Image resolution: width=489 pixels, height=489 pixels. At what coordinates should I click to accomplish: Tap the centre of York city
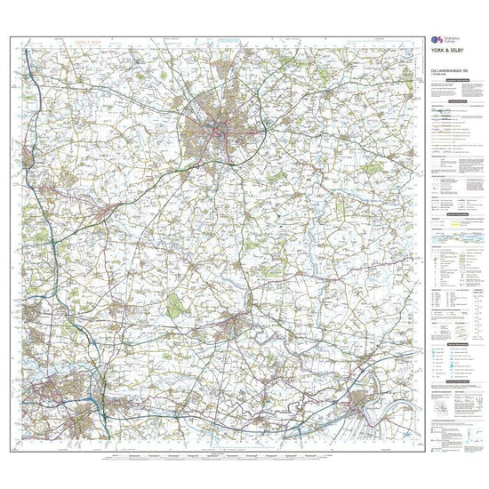(x=216, y=133)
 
